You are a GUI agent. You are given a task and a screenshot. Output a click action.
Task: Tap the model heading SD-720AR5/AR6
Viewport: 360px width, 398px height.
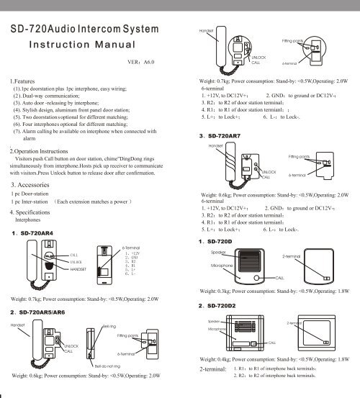click(51, 313)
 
